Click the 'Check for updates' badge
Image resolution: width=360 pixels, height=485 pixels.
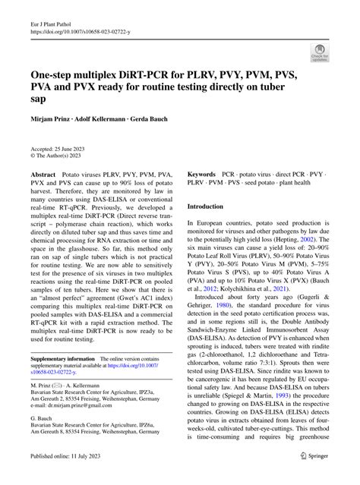coord(320,52)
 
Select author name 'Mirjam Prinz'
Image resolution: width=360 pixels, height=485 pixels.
coord(51,119)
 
